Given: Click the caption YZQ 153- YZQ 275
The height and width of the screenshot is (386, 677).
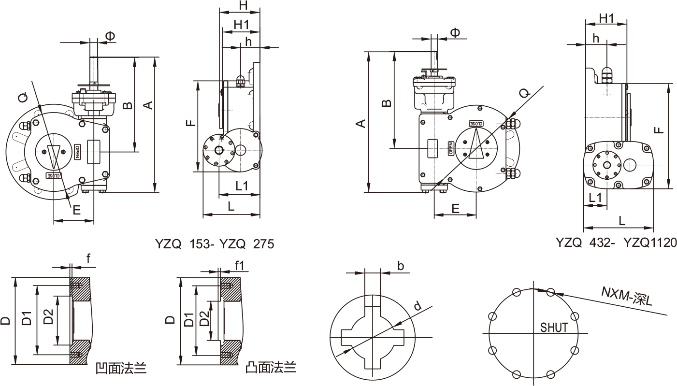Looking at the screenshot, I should [x=215, y=244].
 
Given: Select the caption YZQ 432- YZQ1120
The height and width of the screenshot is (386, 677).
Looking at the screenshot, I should [x=616, y=242].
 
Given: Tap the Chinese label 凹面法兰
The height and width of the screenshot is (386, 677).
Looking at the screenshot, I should [x=121, y=369].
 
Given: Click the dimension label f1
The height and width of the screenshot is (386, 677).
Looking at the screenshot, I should [x=239, y=265].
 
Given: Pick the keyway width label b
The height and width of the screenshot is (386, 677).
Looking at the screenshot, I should [x=401, y=265].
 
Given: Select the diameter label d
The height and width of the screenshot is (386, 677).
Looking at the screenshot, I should [x=418, y=306].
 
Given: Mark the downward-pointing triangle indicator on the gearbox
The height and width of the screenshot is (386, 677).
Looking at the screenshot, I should [x=54, y=155].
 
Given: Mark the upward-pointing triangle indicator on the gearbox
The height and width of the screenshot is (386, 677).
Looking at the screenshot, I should [x=476, y=145].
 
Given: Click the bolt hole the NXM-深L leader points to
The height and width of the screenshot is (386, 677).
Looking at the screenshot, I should [x=551, y=292].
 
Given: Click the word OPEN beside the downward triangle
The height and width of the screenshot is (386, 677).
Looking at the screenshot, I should [x=76, y=151].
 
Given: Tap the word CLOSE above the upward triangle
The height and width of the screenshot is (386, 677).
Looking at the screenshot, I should [x=475, y=124].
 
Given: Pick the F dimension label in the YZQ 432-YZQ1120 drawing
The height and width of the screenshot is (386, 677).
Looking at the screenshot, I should [x=660, y=129].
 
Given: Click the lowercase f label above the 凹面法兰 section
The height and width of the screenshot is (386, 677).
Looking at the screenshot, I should [x=88, y=258].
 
